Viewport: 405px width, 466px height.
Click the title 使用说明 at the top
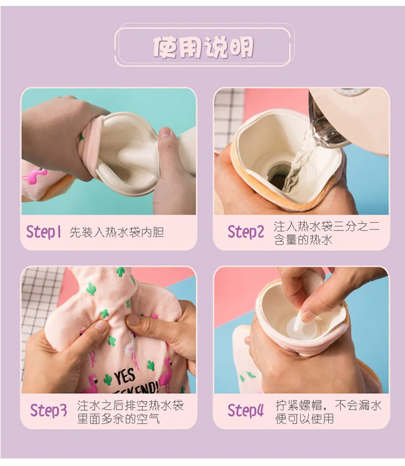point(203,47)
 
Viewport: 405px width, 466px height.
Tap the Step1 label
point(44,232)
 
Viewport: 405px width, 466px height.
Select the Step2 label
point(246,232)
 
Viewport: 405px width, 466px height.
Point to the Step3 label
point(49,410)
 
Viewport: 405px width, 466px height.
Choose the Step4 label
point(246,410)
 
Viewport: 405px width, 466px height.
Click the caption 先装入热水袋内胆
point(117,232)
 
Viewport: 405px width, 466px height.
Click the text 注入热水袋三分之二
point(327,226)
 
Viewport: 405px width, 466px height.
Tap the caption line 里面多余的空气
point(118,418)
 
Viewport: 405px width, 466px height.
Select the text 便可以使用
point(305,418)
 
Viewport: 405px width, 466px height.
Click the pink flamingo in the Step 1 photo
point(35,176)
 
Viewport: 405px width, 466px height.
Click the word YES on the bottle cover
point(125,377)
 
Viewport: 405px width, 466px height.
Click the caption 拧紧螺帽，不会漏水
point(328,406)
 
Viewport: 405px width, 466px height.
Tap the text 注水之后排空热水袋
point(130,406)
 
